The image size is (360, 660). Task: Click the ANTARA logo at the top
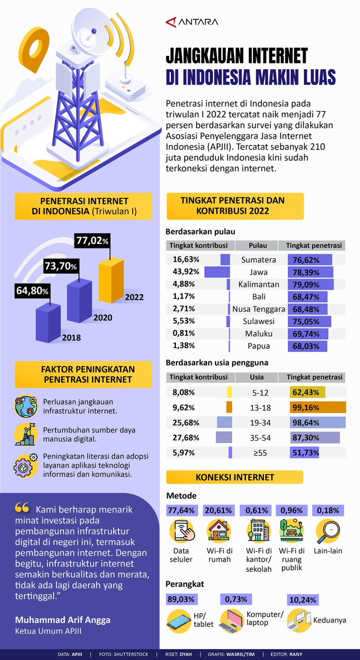click(192, 22)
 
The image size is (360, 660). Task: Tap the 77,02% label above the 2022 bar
click(93, 240)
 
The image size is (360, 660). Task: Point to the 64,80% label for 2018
click(32, 291)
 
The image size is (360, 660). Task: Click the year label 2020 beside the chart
click(103, 318)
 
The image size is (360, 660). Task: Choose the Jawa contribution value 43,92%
click(184, 272)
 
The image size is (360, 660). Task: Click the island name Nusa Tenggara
click(259, 309)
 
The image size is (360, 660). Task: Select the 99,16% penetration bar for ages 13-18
click(318, 408)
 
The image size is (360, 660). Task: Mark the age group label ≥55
click(260, 453)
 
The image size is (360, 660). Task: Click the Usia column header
click(256, 377)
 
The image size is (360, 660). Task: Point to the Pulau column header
click(257, 246)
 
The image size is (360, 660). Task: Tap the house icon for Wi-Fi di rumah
click(219, 531)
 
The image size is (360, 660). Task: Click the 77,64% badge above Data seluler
click(181, 511)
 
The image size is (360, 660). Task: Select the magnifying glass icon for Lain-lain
click(327, 531)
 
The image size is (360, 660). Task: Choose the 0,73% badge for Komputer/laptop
click(236, 599)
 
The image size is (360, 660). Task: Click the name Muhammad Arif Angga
click(63, 620)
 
